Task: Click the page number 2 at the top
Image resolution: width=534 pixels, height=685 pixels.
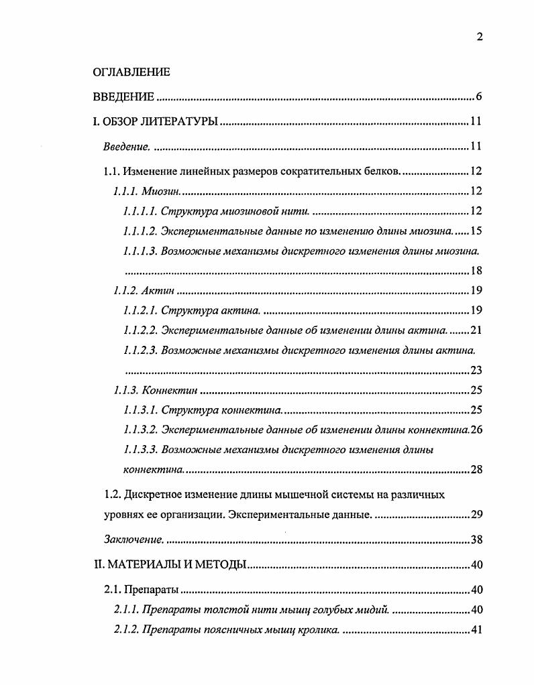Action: coord(479,38)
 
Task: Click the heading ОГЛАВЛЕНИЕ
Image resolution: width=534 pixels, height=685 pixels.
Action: coord(131,72)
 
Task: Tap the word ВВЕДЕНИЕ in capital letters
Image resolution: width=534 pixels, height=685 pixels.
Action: coord(123,97)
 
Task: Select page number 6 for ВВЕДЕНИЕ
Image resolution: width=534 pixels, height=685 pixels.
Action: coord(479,97)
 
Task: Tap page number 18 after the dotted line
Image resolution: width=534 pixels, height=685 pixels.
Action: coord(476,271)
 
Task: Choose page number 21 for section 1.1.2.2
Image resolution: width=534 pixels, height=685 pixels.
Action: coord(476,330)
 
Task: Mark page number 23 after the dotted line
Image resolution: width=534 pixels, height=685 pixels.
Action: coord(476,370)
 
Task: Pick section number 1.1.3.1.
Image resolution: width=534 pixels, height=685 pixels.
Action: coord(140,410)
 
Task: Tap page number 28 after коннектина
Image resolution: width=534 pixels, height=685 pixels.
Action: coord(476,469)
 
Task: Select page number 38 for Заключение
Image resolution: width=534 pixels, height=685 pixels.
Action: coord(476,540)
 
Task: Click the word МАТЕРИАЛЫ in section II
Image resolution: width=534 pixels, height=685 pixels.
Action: coord(138,564)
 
